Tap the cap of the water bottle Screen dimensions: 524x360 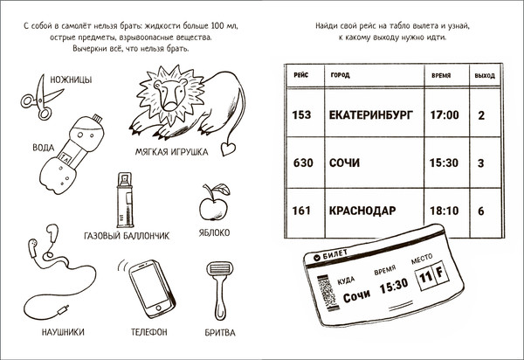click(x=97, y=118)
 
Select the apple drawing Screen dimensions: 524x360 click(x=214, y=203)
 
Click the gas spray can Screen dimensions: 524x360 click(x=125, y=200)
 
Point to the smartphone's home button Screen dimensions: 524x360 click(x=158, y=307)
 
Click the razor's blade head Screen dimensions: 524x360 click(x=219, y=268)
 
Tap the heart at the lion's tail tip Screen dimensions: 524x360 click(x=228, y=149)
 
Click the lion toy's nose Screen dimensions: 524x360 click(x=170, y=106)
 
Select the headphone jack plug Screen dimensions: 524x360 click(x=63, y=310)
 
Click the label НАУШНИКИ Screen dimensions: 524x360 click(x=63, y=332)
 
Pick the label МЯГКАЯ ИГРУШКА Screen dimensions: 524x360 click(x=171, y=152)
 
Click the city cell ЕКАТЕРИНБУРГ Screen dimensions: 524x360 click(x=371, y=115)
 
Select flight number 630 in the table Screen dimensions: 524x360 click(x=303, y=163)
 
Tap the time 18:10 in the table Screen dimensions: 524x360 click(x=445, y=211)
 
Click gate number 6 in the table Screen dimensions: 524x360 click(x=481, y=211)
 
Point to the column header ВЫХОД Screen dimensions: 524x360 click(x=485, y=76)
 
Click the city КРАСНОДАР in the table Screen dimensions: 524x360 click(x=362, y=211)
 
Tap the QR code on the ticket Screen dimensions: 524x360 click(x=327, y=293)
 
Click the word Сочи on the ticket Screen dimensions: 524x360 click(x=356, y=295)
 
